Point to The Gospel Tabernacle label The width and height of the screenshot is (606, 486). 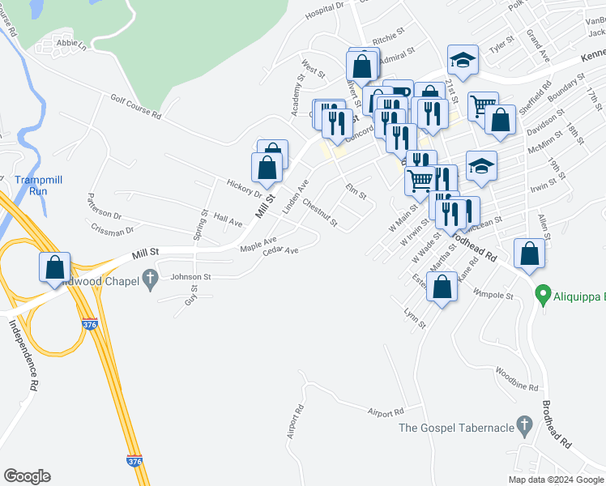(x=457, y=428)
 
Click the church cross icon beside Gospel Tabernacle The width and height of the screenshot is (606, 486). (x=524, y=424)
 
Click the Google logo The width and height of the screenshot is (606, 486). (x=27, y=476)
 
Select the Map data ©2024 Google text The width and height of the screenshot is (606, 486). (x=555, y=480)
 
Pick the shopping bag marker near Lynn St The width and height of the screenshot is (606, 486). (x=442, y=288)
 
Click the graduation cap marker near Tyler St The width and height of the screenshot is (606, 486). (x=463, y=60)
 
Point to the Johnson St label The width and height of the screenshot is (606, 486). (x=190, y=276)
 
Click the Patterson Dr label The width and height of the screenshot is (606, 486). (x=104, y=207)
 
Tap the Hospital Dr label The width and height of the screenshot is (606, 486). (x=325, y=11)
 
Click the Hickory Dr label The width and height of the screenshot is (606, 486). (x=245, y=188)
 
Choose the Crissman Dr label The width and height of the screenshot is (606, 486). (x=112, y=231)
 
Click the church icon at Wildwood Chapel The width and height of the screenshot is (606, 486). (x=149, y=280)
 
